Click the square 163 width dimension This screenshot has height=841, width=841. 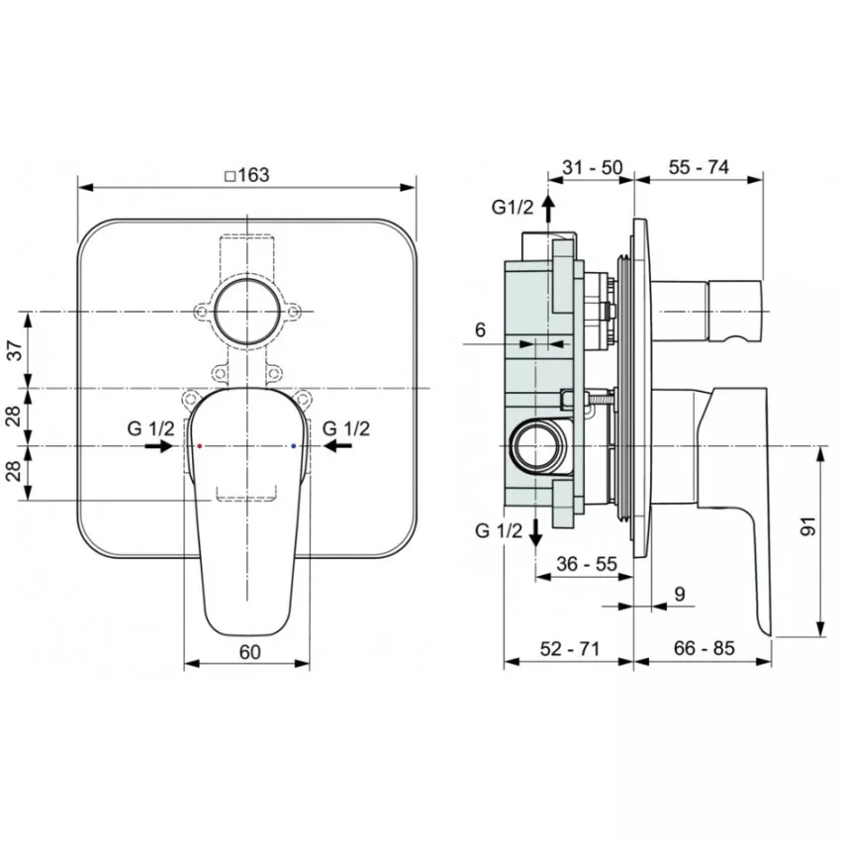tap(247, 175)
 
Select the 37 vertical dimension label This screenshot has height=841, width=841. tap(16, 350)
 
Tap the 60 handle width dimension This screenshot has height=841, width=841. tap(250, 652)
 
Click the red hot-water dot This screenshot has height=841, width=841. tap(200, 445)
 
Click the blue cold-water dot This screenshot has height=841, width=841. tap(293, 445)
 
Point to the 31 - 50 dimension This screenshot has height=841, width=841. tap(592, 168)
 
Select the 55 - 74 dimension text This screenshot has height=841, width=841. tap(699, 167)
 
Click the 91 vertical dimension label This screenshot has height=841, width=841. tap(807, 526)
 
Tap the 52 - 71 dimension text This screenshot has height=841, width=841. tap(569, 648)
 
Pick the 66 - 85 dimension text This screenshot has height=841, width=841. tap(703, 648)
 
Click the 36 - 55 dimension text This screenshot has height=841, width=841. tap(587, 564)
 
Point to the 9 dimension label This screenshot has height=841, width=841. tap(679, 594)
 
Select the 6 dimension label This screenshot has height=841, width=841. tap(480, 329)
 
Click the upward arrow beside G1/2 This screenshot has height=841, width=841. tap(547, 208)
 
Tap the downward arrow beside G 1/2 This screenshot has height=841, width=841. tap(535, 532)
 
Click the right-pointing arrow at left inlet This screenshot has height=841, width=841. tap(158, 445)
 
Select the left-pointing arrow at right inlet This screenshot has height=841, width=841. tap(338, 445)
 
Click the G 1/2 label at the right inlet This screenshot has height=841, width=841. tap(346, 428)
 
